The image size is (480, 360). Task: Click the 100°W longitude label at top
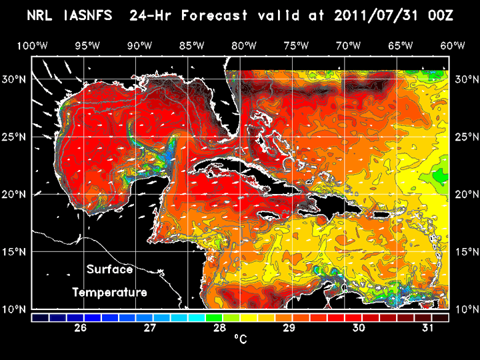32,46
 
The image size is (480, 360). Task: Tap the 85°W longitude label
191,46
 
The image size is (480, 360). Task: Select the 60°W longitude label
453,46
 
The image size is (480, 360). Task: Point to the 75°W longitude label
296,46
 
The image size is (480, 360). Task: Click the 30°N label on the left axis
14,79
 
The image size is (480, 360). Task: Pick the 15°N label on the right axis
467,252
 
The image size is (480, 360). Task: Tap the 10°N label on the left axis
14,309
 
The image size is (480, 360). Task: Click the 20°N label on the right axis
467,195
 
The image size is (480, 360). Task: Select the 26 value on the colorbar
81,328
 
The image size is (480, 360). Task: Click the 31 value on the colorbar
428,328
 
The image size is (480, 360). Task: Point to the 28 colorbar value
219,328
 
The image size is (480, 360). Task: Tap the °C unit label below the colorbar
241,339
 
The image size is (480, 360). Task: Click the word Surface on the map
110,269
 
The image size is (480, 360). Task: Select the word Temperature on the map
110,293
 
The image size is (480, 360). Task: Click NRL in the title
39,15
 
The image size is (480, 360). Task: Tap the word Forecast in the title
214,15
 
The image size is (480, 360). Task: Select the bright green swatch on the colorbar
214,317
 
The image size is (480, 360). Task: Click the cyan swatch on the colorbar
197,317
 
